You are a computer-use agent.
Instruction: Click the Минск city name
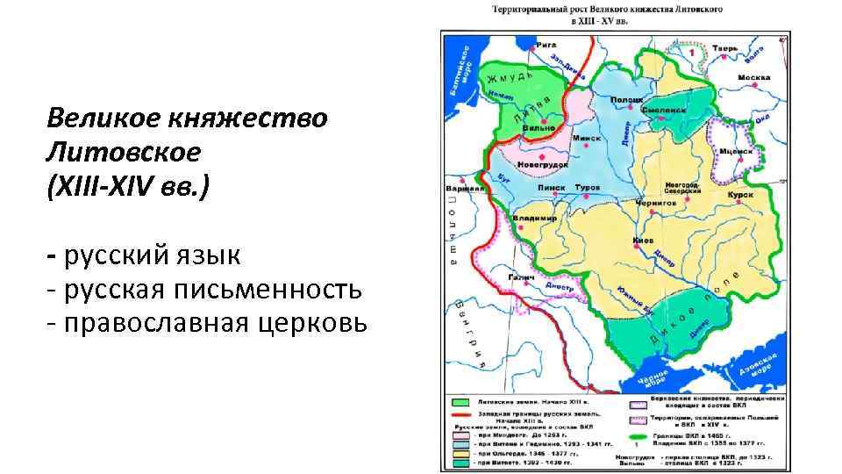pos(587,138)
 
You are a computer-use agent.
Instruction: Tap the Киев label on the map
pos(643,240)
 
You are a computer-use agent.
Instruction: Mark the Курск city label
pos(740,193)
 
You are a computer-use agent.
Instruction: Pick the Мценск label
pos(736,151)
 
